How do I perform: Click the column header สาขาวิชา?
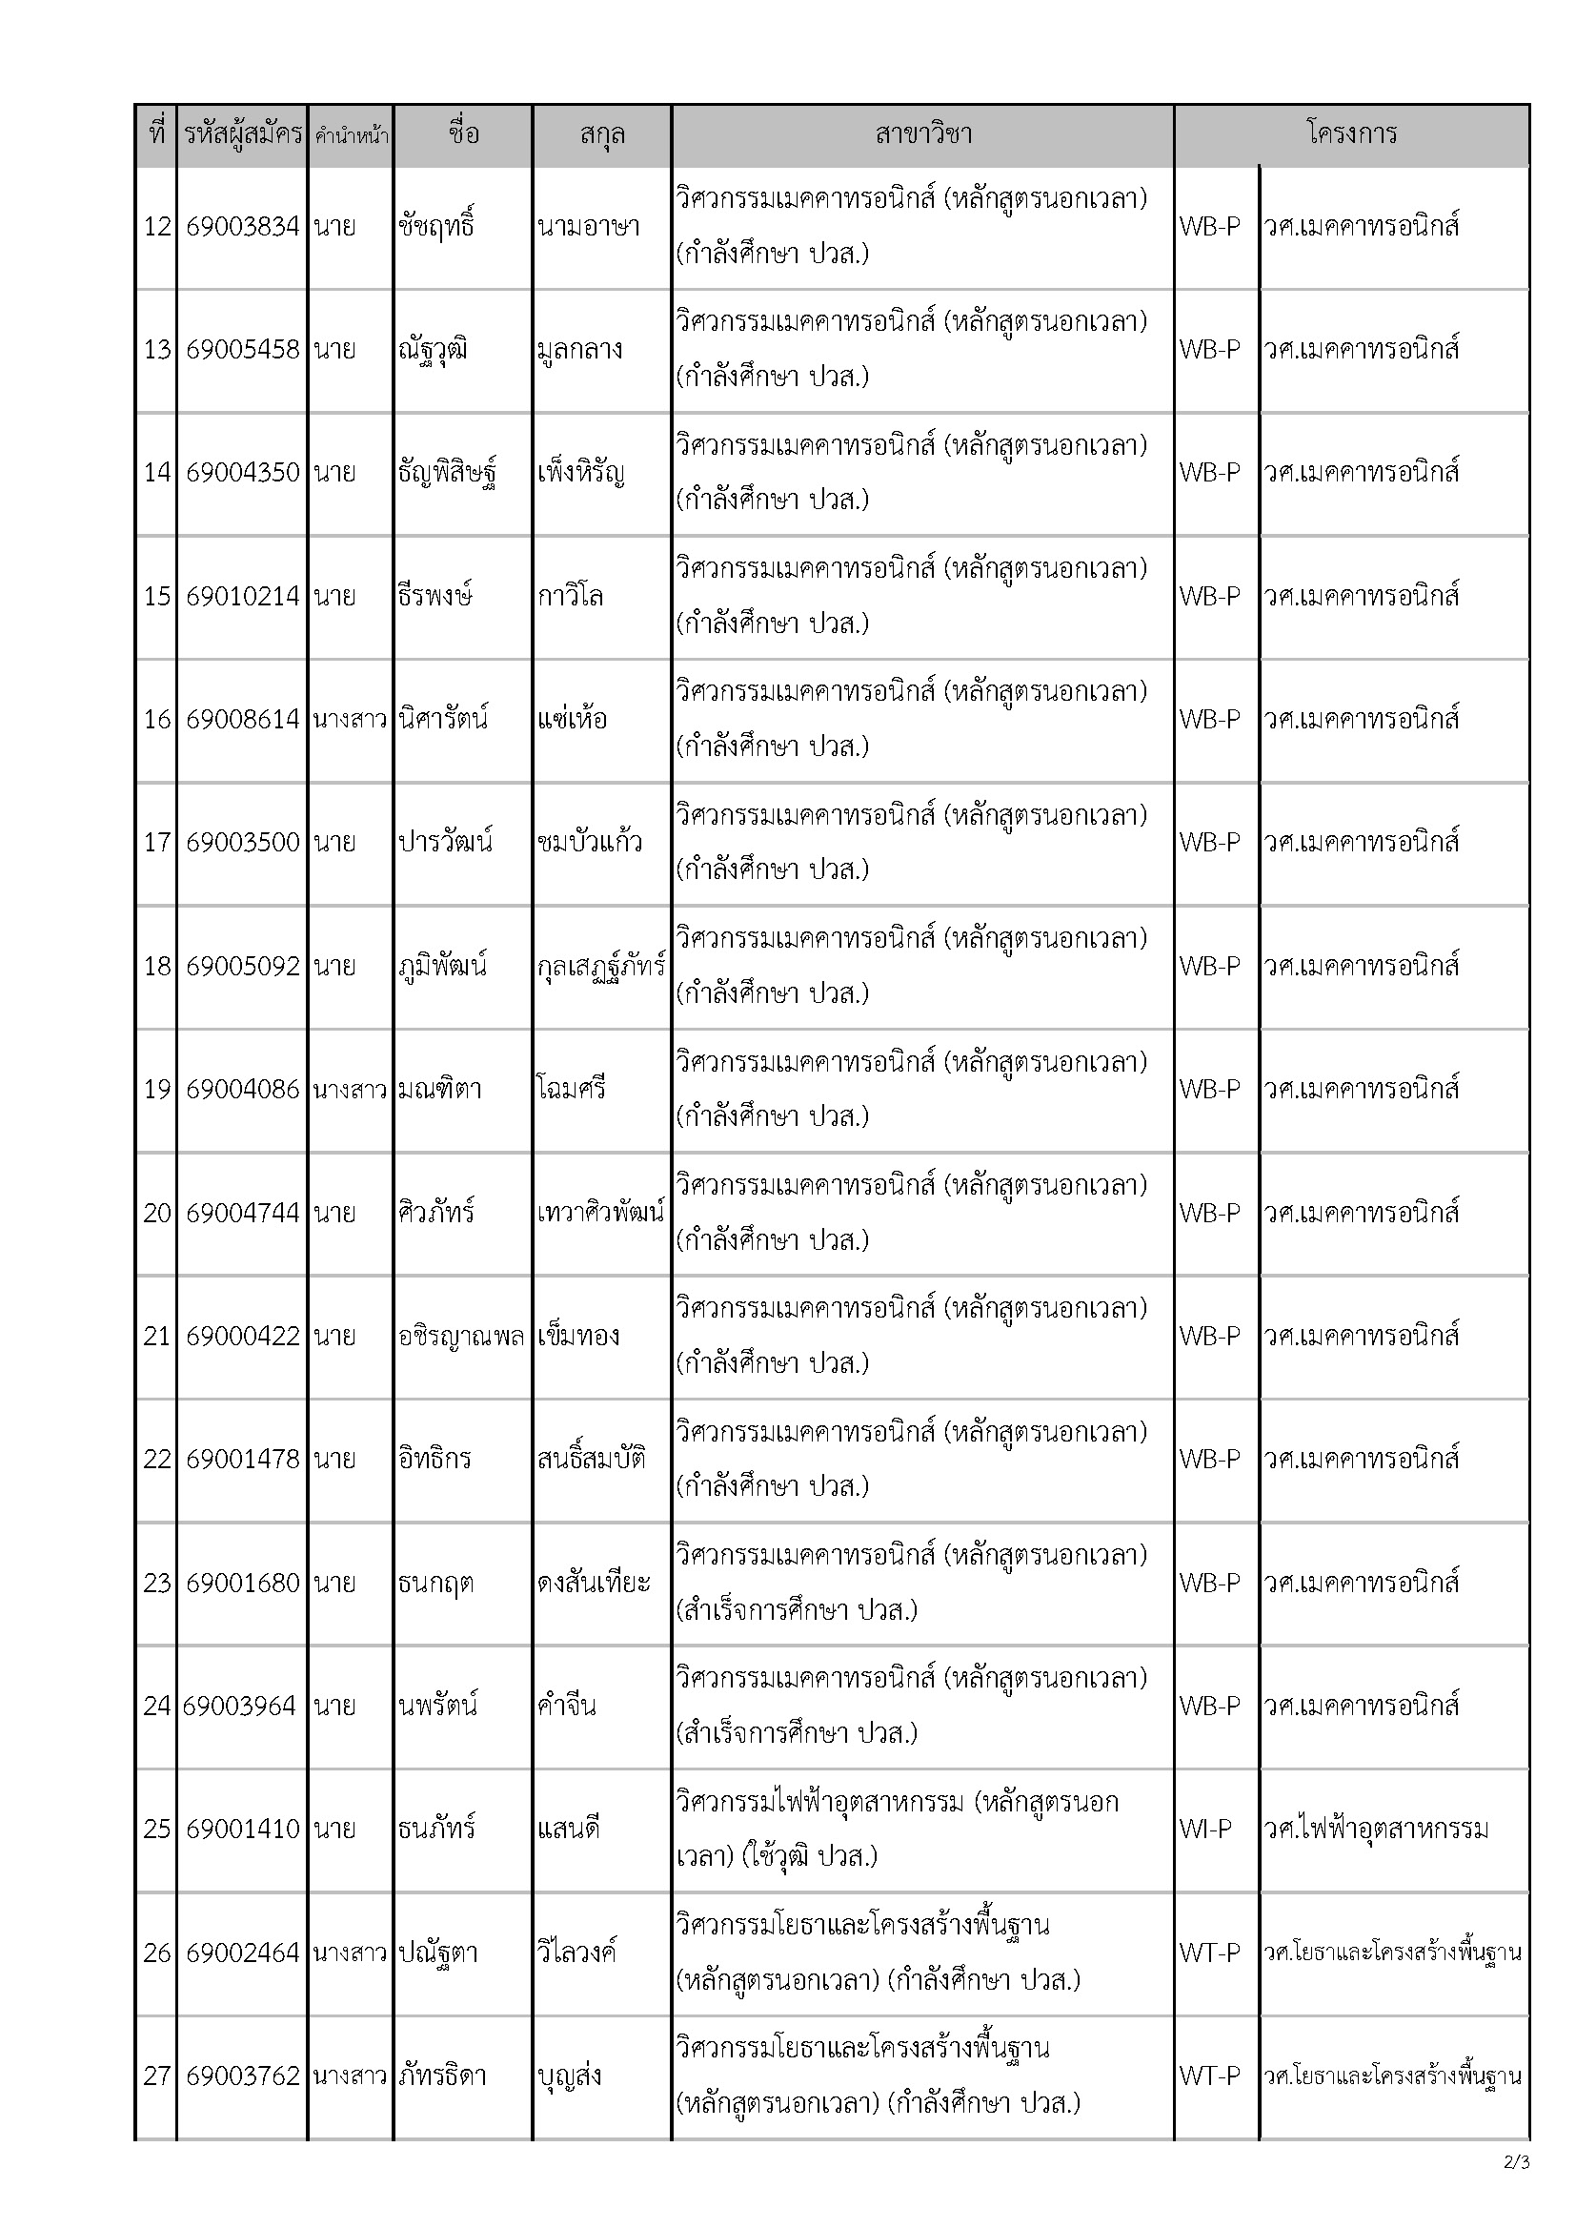coord(922,134)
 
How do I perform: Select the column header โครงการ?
coord(1351,134)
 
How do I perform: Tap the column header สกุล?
coord(601,134)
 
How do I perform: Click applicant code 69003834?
coord(243,227)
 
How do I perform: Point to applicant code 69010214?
coord(243,596)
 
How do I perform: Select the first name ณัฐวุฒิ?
coord(433,351)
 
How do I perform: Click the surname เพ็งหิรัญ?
coord(580,474)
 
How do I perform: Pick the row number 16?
coord(157,720)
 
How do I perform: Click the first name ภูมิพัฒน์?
coord(442,966)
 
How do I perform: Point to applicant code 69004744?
coord(243,1213)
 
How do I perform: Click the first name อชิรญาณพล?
coord(461,1337)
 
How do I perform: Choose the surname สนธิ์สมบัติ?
coord(592,1459)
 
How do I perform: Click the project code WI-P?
coord(1205,1830)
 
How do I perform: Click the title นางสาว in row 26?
coord(350,1953)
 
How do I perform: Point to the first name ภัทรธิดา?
coord(442,2076)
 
